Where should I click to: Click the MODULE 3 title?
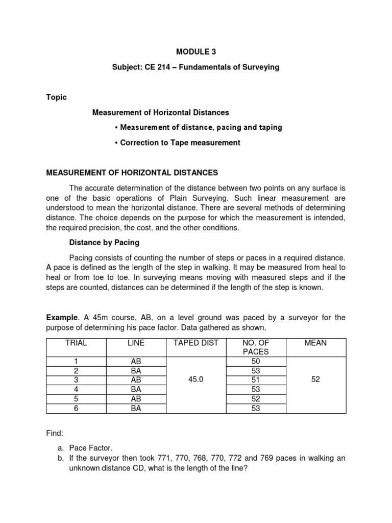[196, 52]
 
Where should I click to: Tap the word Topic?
[56, 97]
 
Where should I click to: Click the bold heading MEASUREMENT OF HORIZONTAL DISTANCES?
[132, 173]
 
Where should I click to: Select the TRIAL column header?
[76, 343]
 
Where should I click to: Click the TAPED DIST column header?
[195, 343]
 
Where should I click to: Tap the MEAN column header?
[315, 343]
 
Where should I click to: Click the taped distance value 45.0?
[195, 380]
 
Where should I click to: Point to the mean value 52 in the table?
[315, 380]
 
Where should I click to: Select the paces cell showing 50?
[256, 361]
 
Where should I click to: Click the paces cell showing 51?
[256, 380]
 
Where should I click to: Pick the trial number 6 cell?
[76, 408]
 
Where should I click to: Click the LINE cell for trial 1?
[136, 361]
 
